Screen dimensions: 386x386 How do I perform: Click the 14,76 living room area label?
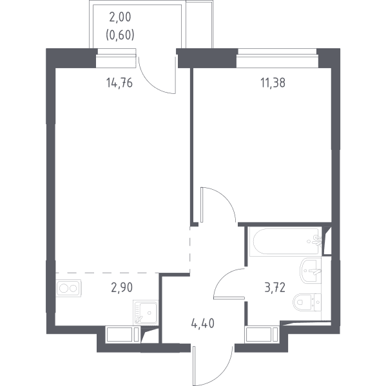[x=119, y=83]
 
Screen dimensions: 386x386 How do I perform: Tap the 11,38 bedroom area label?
[x=273, y=83]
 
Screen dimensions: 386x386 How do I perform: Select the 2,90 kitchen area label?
[x=122, y=288]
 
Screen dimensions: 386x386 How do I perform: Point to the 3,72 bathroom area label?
[x=275, y=288]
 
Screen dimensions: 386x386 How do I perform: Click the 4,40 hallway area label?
[x=203, y=323]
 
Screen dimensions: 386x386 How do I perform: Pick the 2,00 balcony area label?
[x=120, y=17]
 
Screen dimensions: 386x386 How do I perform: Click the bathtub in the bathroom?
[x=285, y=241]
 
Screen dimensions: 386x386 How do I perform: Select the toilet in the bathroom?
[x=307, y=302]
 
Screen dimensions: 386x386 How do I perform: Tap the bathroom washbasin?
[x=311, y=271]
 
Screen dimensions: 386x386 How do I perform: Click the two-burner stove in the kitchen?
[x=69, y=288]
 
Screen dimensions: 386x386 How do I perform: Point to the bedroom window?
[x=277, y=58]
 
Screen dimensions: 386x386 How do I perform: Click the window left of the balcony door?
[x=116, y=58]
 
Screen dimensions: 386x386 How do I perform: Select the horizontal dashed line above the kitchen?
[x=107, y=273]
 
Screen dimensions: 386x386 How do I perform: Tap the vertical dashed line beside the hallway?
[x=190, y=249]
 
